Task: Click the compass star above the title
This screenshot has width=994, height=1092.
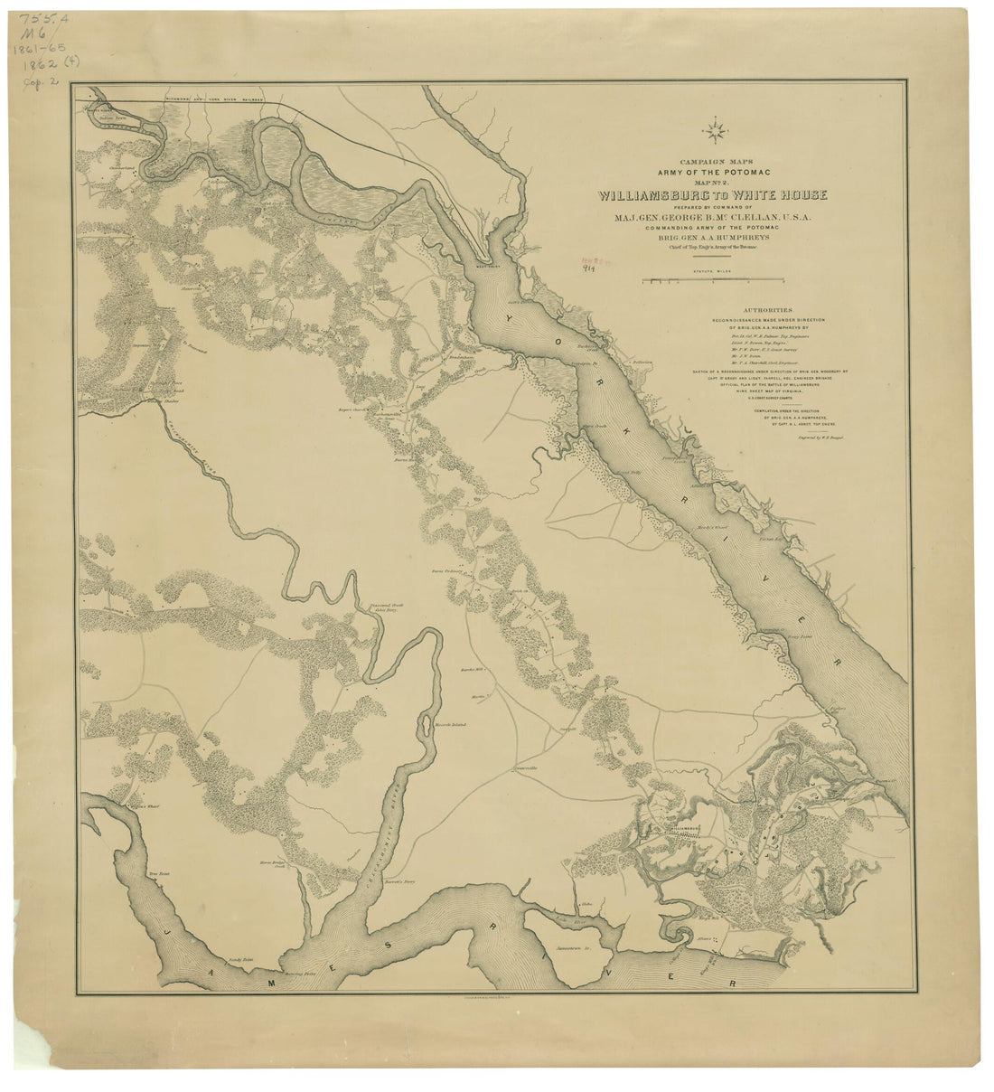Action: tap(718, 135)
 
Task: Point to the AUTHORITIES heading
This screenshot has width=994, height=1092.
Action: tap(716, 307)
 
